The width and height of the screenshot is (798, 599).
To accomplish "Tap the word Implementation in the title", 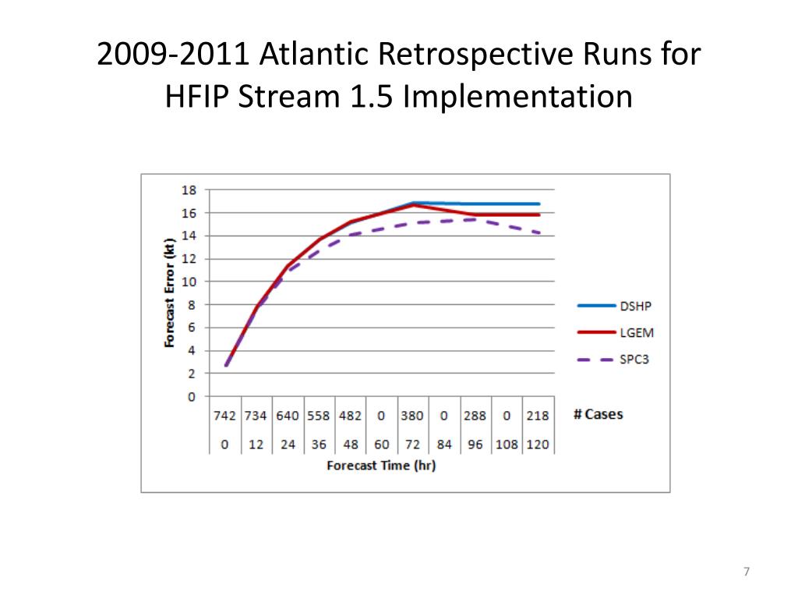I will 516,97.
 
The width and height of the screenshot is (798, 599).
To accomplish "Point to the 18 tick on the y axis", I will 189,190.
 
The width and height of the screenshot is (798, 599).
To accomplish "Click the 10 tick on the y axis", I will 189,282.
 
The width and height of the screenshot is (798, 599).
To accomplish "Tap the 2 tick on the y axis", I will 192,374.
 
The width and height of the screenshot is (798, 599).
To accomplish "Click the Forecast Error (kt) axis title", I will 169,292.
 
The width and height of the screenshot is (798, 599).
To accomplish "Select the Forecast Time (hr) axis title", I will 380,466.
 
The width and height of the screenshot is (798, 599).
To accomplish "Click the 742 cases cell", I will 224,416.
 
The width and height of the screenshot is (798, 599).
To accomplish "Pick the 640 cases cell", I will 288,416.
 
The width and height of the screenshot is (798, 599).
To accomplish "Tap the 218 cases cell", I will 538,416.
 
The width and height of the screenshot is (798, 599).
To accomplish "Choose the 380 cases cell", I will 412,416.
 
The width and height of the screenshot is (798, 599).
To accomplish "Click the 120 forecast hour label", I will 538,445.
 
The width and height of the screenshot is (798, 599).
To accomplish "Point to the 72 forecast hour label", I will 412,445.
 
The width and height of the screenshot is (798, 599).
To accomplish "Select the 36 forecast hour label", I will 319,445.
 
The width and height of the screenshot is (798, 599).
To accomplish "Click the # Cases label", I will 598,414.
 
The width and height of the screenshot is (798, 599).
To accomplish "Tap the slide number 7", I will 746,572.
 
